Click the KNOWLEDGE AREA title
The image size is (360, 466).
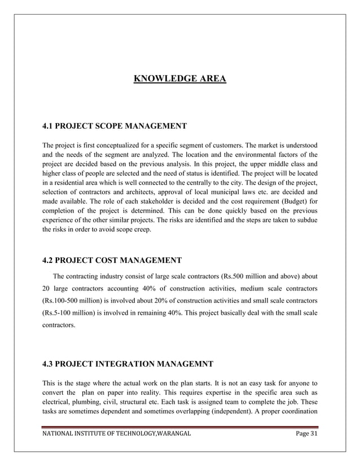point(179,78)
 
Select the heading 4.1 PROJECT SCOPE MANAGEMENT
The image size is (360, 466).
point(115,125)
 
